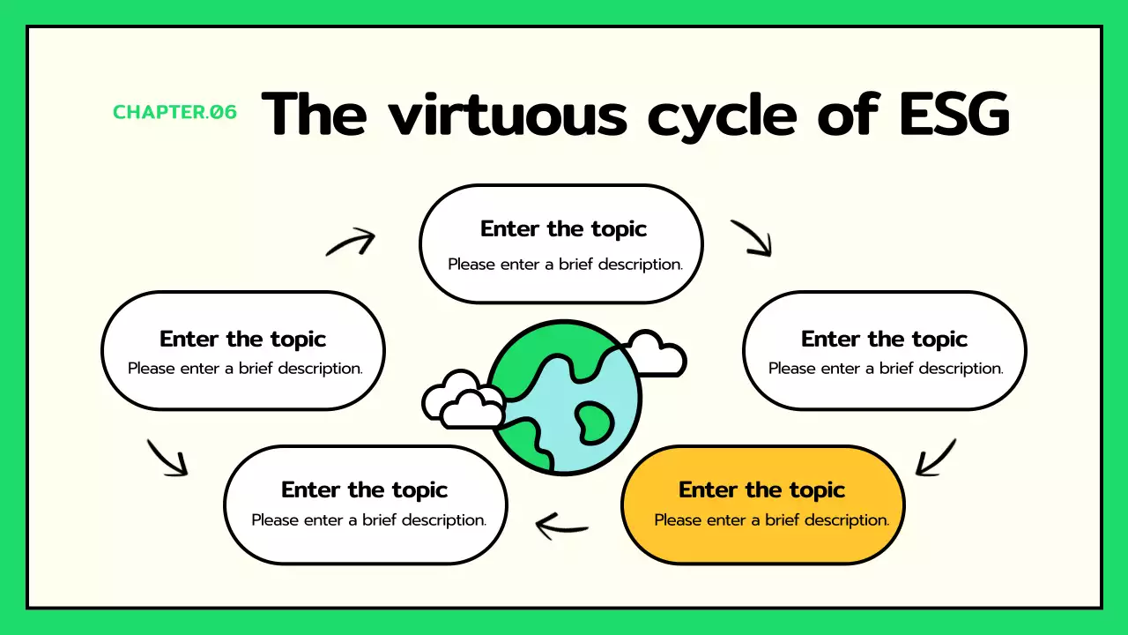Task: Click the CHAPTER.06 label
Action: point(174,112)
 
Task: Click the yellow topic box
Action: point(763,504)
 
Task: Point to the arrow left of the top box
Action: point(351,242)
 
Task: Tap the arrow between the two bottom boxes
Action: point(562,527)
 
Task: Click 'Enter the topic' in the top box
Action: point(563,229)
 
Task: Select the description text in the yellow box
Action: point(771,519)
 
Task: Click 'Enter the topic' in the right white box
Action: point(884,340)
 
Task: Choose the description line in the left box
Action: point(245,368)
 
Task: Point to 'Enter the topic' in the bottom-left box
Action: point(364,489)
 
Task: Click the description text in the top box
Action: point(565,264)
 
